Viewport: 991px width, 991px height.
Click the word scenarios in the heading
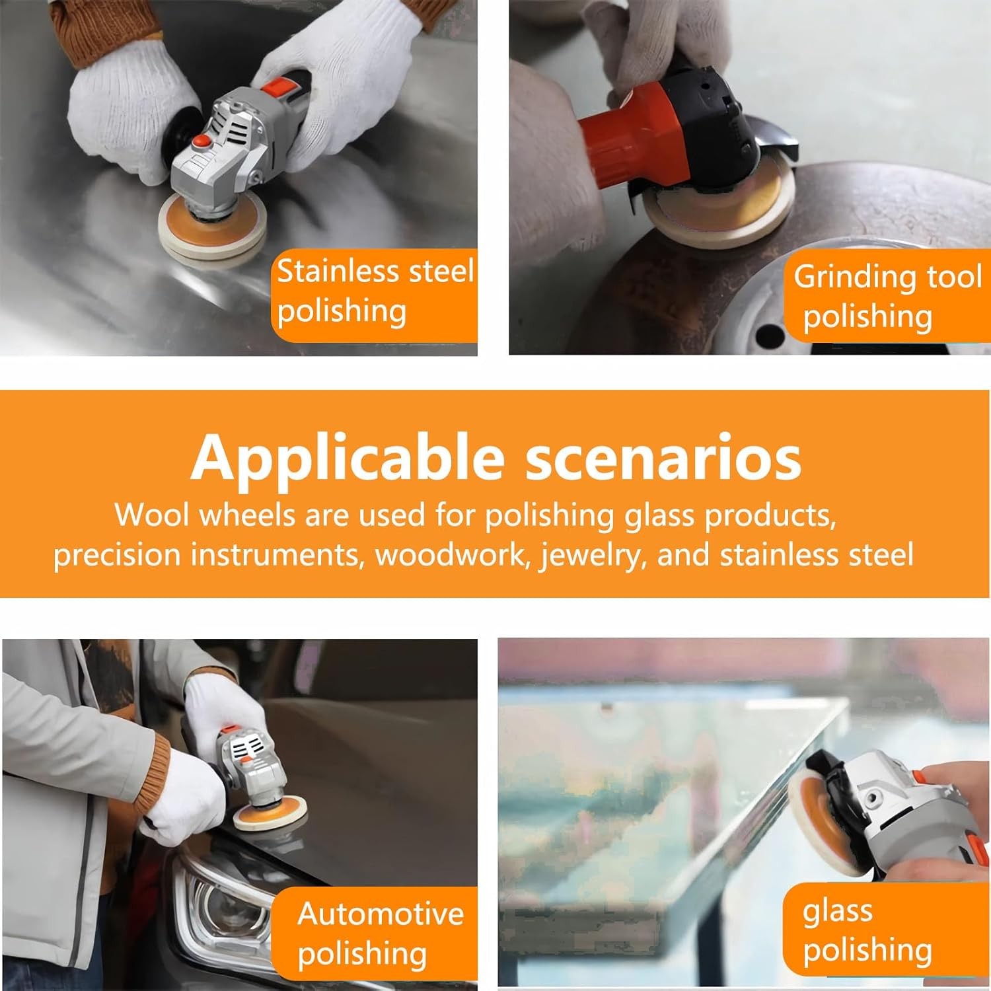point(663,457)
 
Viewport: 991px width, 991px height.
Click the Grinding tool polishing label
point(887,297)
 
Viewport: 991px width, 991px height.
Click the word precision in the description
point(116,556)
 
